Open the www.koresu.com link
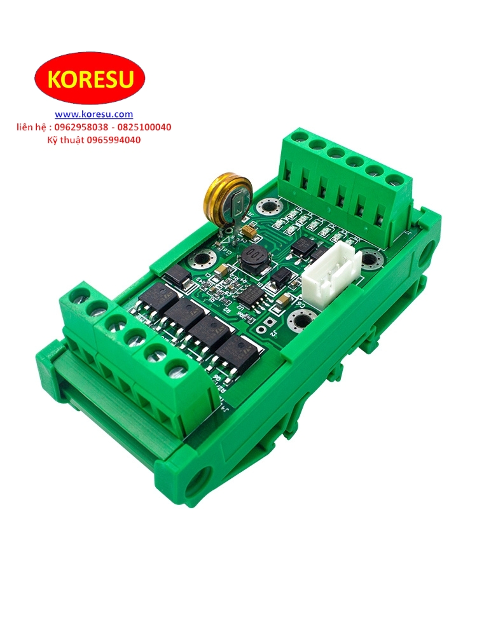93,114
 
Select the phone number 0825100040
144,127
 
